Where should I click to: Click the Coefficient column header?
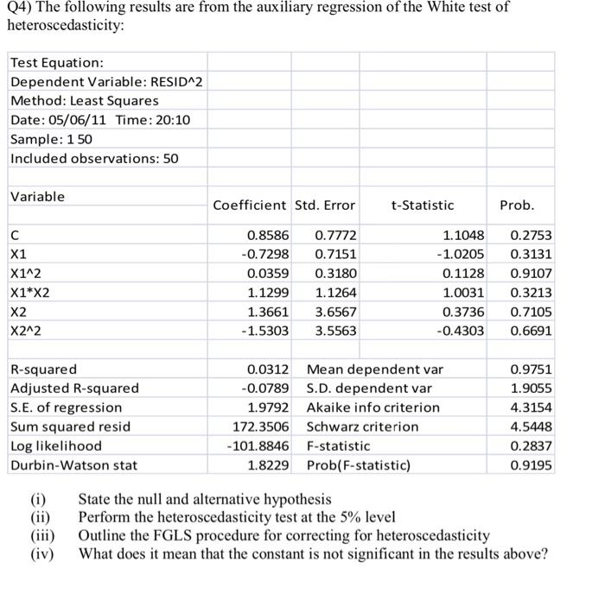click(250, 205)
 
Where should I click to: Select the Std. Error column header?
click(325, 205)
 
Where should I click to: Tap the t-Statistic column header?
click(422, 205)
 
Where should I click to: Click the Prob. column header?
click(517, 205)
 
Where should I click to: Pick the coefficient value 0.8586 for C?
click(269, 235)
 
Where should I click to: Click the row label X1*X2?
click(31, 293)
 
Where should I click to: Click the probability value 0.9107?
click(532, 274)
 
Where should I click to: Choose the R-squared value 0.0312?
click(271, 369)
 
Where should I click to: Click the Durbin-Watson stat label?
click(73, 465)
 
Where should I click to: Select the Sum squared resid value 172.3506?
click(261, 426)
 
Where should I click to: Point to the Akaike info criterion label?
click(373, 407)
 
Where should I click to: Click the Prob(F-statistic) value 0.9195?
click(532, 465)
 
